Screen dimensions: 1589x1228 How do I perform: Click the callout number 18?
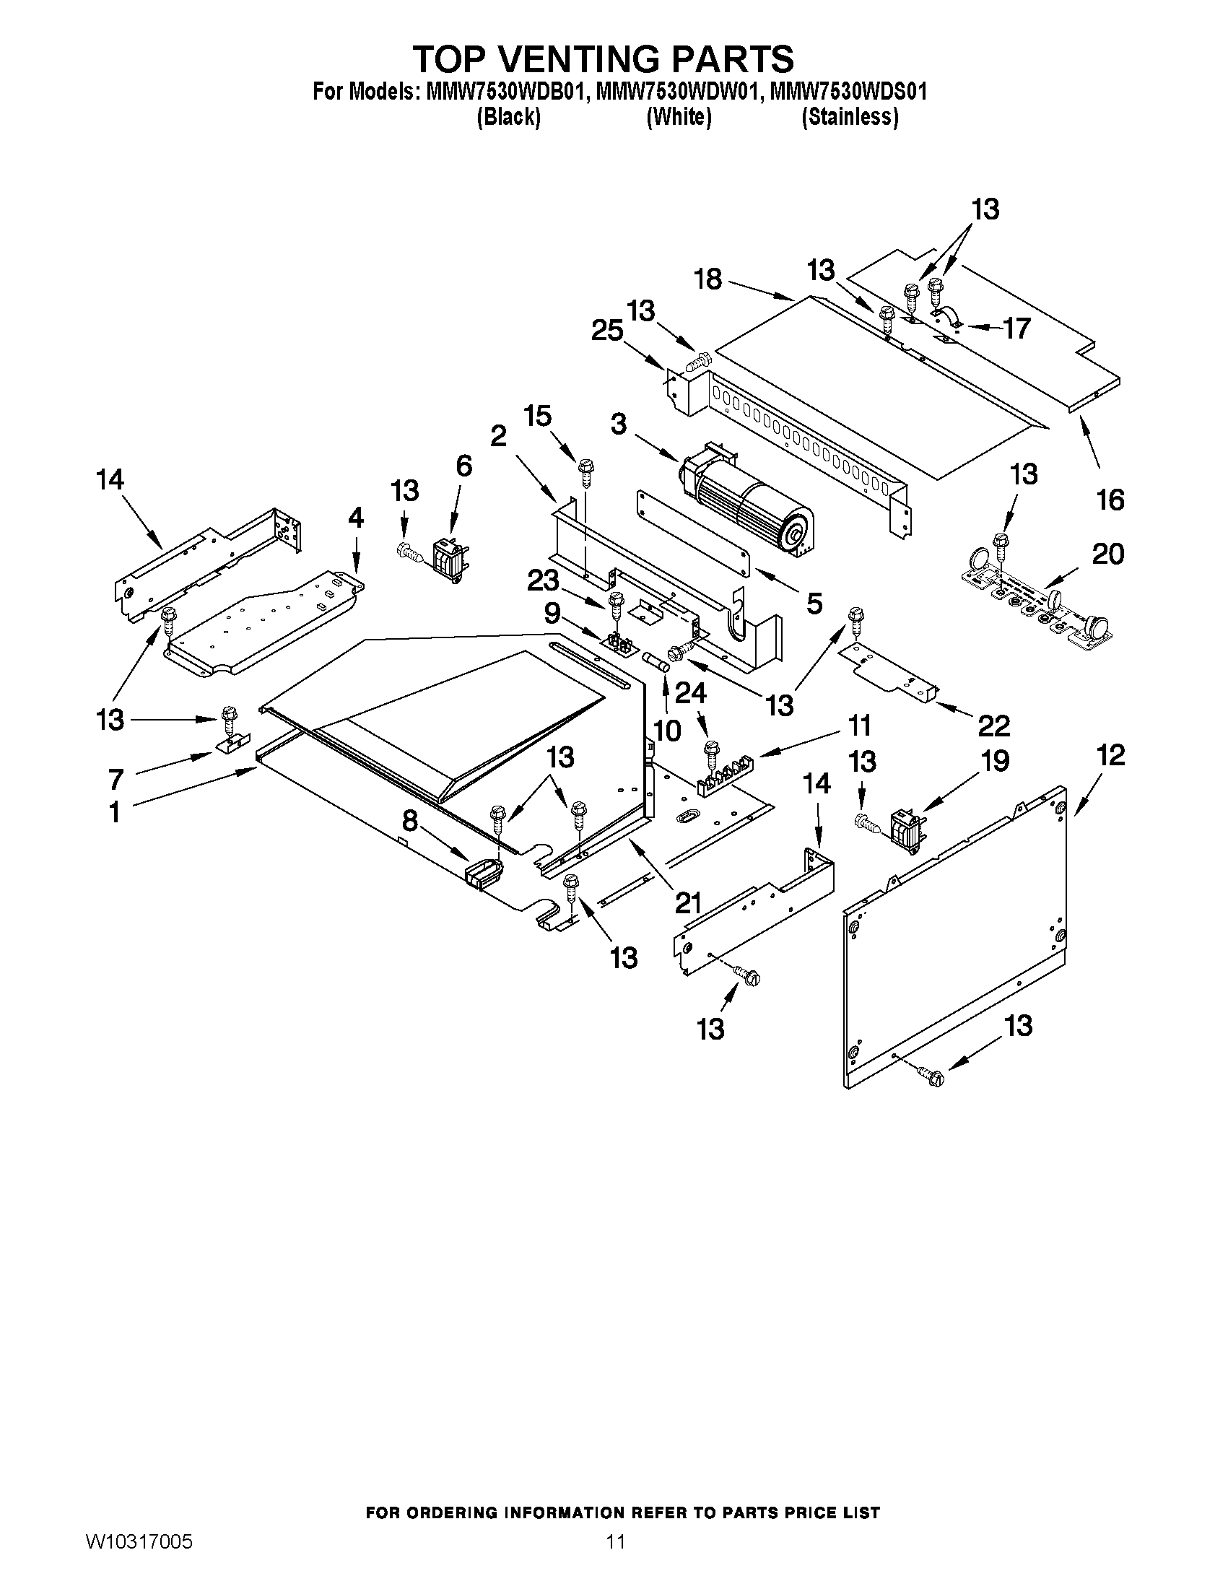(x=707, y=279)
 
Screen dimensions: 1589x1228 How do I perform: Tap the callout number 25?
(x=606, y=331)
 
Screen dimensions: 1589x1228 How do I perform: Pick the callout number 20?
(x=1108, y=554)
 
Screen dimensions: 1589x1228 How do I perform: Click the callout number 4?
(x=355, y=518)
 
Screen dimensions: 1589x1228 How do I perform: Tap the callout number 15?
(x=538, y=416)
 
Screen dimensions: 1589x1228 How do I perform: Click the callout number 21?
(x=687, y=902)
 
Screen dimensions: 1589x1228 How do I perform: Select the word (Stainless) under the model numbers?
(x=849, y=117)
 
